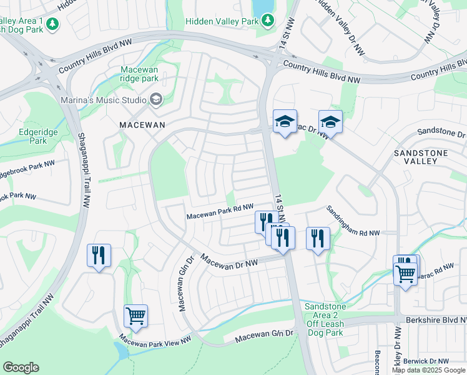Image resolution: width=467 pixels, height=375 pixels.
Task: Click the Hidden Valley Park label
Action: (222, 21)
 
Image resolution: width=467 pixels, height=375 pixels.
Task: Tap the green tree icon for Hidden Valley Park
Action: (268, 21)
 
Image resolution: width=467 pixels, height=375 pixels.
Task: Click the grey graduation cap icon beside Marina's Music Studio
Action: (155, 99)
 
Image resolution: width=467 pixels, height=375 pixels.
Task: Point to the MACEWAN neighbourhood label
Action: (142, 125)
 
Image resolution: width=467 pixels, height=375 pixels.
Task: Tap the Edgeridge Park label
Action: (24, 136)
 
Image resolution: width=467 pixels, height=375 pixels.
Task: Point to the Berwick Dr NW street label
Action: (426, 361)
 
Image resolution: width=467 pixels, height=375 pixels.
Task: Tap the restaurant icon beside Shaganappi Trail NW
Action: (99, 255)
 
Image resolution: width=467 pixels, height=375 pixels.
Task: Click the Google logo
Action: (21, 367)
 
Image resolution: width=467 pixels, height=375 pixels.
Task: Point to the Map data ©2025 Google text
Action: (429, 370)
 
